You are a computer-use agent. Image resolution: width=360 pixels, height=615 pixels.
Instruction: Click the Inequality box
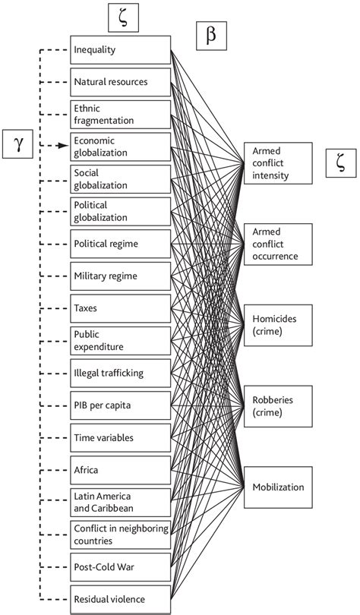tap(120, 50)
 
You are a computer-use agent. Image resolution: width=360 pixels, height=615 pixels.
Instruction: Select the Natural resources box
tap(120, 82)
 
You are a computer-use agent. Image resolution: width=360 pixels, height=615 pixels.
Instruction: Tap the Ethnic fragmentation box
tap(120, 114)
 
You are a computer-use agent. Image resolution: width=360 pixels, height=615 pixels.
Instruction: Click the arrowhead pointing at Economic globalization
tap(65, 145)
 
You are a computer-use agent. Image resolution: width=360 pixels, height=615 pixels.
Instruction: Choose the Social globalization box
tap(120, 178)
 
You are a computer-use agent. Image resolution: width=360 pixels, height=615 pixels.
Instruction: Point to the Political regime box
tap(120, 244)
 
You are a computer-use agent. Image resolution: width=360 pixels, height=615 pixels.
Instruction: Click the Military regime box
tap(120, 276)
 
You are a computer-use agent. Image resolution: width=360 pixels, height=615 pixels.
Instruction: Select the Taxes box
tap(120, 308)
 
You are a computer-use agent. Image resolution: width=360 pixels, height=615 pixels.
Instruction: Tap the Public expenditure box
tap(120, 340)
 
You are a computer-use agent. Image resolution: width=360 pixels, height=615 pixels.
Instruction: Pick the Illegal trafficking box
tap(120, 373)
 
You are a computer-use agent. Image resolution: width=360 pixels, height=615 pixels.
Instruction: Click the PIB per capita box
tap(120, 405)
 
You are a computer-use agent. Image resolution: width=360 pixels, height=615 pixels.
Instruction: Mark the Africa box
tap(120, 470)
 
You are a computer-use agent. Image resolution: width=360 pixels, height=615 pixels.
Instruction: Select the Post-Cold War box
tap(120, 567)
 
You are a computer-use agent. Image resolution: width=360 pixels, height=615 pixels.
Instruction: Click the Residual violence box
tap(120, 599)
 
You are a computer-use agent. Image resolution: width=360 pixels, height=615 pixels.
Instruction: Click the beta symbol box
tap(211, 35)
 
